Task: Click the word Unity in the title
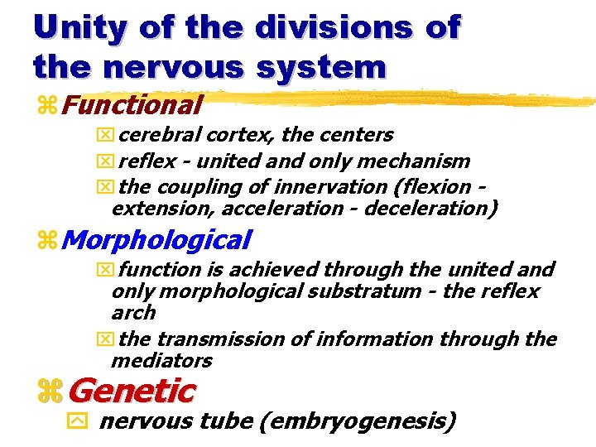coord(81,27)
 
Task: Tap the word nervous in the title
coord(180,65)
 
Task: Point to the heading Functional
coord(132,105)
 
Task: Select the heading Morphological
coord(156,240)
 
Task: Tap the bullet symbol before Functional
coord(46,106)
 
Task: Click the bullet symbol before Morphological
coord(46,241)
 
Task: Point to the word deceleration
coord(430,208)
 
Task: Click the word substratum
coord(371,291)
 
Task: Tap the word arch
coord(133,313)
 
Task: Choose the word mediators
coord(161,361)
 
